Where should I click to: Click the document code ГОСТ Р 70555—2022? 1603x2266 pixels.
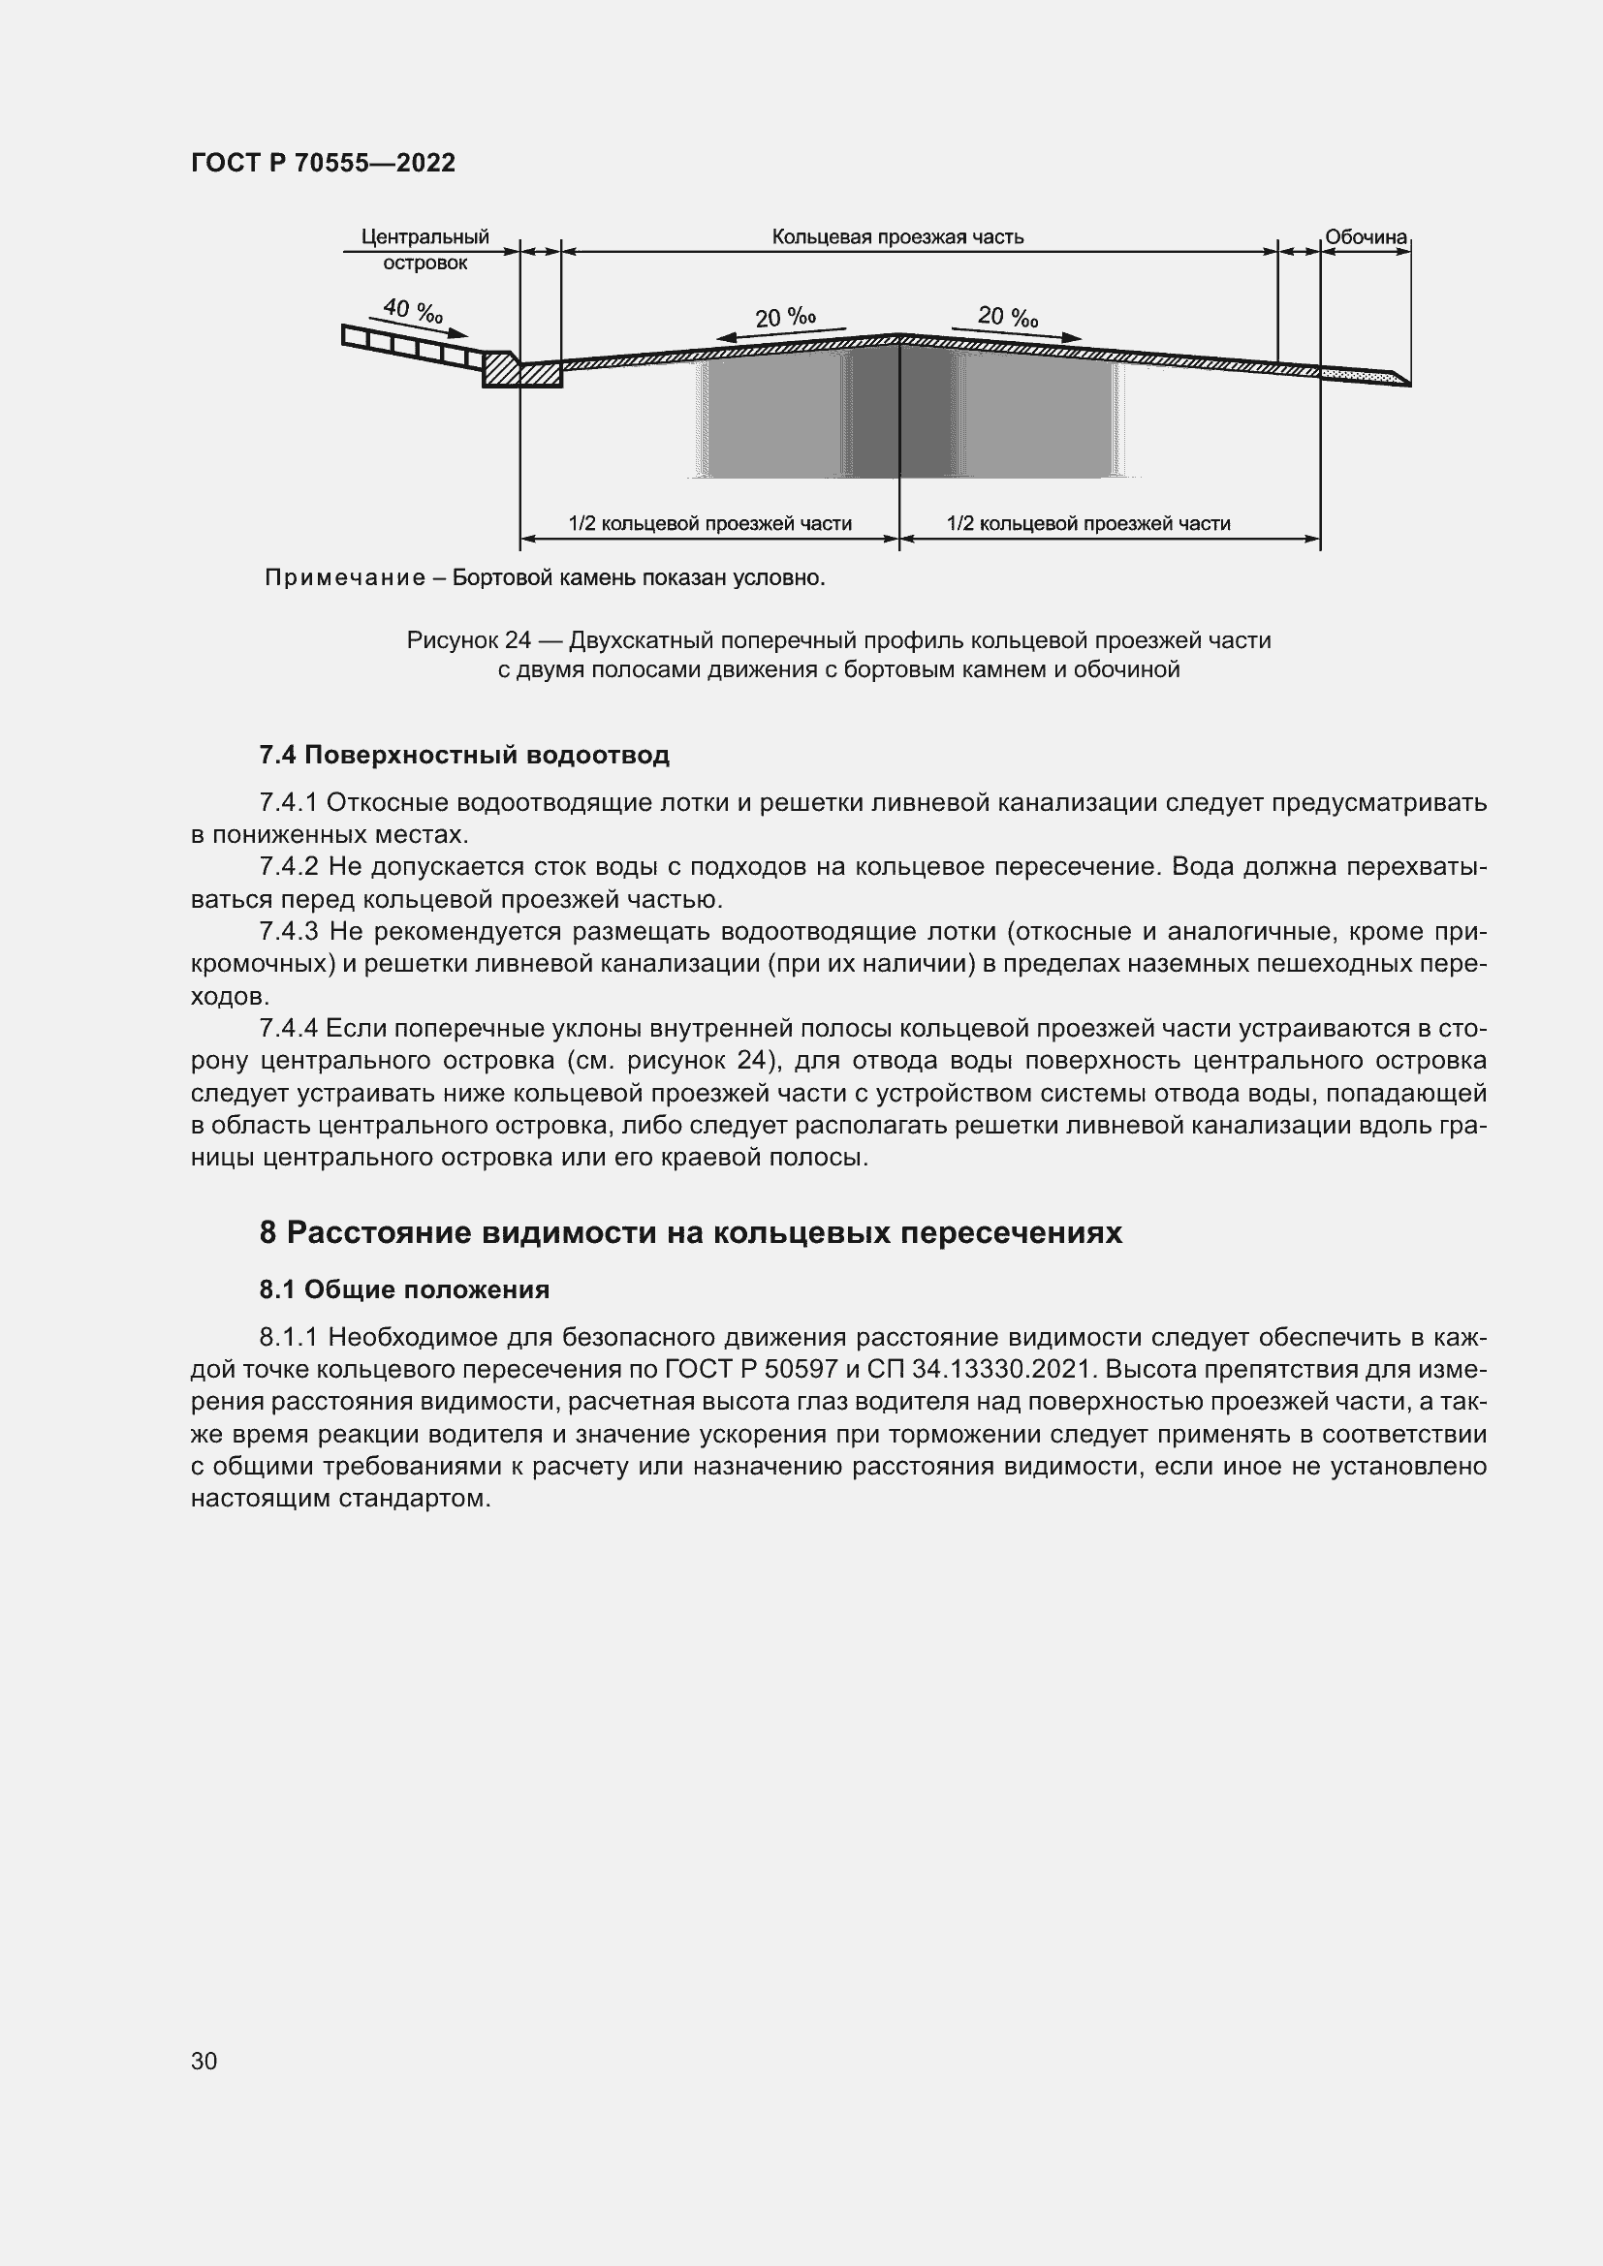[323, 163]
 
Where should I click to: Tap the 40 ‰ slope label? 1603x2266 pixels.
[413, 311]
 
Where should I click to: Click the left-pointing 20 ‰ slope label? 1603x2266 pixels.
[785, 318]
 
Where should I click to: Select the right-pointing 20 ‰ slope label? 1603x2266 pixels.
[1008, 317]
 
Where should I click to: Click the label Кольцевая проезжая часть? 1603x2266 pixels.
[897, 236]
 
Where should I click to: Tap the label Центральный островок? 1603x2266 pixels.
[425, 250]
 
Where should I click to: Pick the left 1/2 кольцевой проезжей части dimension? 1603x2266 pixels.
[709, 523]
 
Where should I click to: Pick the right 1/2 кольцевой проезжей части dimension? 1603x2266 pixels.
[1087, 523]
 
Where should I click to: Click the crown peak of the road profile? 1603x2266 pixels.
[899, 336]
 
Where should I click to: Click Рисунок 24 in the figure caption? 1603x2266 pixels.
[469, 640]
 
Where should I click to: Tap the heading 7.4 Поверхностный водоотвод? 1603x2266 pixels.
[464, 755]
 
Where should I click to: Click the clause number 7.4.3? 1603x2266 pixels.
[288, 931]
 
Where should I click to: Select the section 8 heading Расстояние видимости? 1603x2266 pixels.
[691, 1232]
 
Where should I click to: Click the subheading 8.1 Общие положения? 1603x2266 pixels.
[404, 1289]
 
